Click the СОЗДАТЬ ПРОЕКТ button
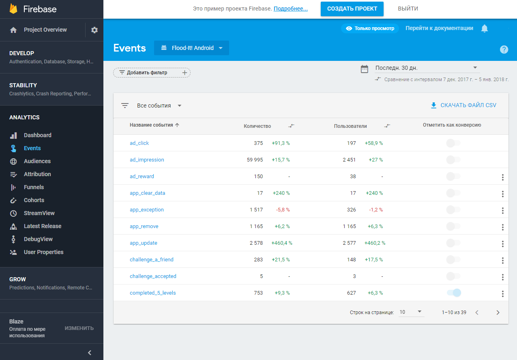352,9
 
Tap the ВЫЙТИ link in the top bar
408,9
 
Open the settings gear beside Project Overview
94,30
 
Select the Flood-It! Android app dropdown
191,48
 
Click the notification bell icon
485,28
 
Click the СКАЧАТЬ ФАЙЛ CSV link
463,105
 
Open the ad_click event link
139,143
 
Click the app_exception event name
147,210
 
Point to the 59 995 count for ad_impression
255,160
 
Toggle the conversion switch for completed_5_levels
454,293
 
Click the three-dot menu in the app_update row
503,244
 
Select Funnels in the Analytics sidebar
34,187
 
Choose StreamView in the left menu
39,213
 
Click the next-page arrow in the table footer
498,313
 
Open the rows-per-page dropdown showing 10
411,312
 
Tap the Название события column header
152,125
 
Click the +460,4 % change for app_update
282,243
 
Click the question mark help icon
504,50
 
